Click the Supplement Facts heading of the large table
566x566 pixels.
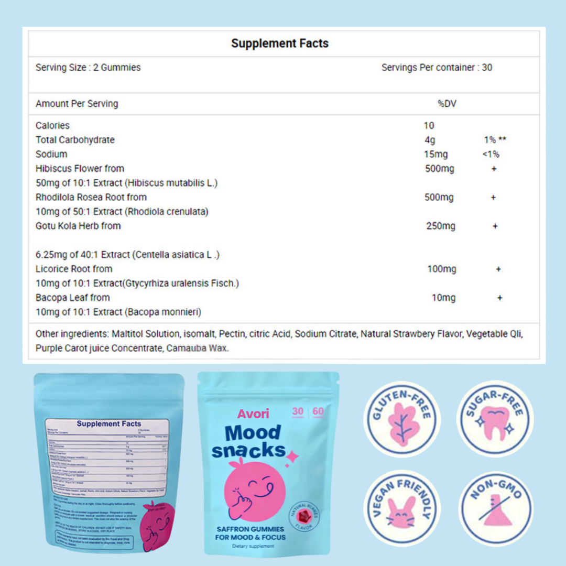[280, 43]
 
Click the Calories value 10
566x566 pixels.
[429, 126]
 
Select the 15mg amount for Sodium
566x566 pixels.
[436, 155]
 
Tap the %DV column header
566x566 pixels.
[447, 104]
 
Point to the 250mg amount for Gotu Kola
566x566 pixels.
[441, 226]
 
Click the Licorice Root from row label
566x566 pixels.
[74, 269]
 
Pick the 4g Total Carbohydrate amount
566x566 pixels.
[429, 140]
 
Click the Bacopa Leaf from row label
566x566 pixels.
[73, 298]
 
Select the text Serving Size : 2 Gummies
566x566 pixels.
[88, 68]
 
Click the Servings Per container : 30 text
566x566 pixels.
[437, 68]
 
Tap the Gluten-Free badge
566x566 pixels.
[402, 419]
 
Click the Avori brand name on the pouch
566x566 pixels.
[253, 414]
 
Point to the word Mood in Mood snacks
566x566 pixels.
[253, 433]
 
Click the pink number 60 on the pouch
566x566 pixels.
[318, 412]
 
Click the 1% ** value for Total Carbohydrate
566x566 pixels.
[495, 140]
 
